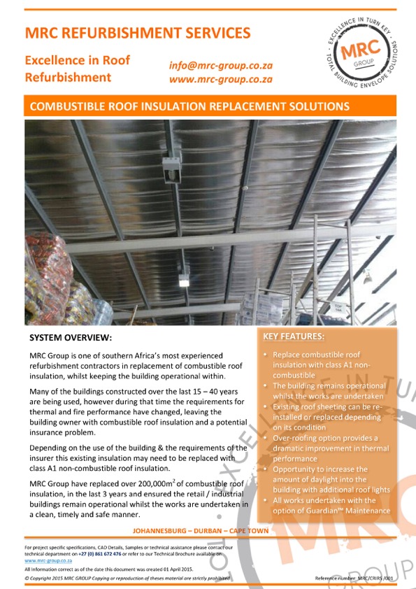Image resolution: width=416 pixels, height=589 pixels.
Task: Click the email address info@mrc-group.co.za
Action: [x=221, y=65]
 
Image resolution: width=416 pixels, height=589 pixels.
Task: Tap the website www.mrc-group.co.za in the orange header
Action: [x=221, y=79]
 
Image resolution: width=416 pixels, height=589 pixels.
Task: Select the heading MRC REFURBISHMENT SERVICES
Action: [x=137, y=32]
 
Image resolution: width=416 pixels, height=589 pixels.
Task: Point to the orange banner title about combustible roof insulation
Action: [x=187, y=107]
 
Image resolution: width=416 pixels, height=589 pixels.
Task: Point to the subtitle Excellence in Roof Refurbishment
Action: [x=78, y=69]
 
